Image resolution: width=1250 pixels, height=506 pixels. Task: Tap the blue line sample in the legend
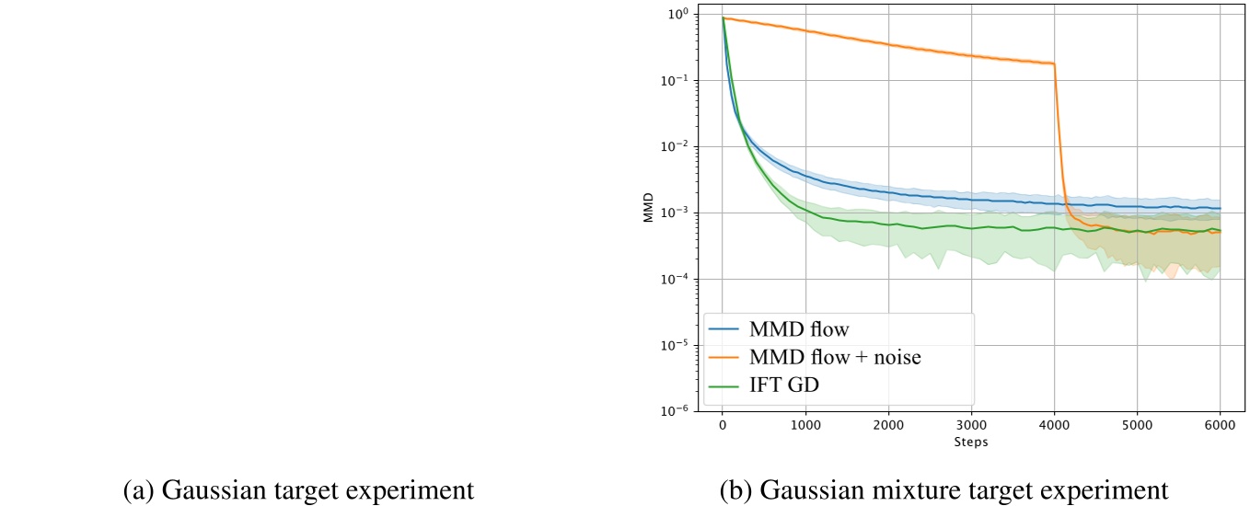coord(728,328)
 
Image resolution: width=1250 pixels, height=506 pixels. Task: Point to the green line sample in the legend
coord(728,386)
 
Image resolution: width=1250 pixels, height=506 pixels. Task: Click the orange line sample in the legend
coord(728,358)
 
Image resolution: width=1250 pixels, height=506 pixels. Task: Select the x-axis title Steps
coord(971,442)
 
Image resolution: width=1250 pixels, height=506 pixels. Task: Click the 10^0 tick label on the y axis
coord(677,15)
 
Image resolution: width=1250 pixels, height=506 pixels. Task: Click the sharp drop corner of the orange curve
coord(1054,64)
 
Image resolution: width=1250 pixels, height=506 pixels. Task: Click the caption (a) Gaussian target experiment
coord(298,489)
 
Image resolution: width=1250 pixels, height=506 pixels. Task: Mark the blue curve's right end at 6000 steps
coord(1220,209)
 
